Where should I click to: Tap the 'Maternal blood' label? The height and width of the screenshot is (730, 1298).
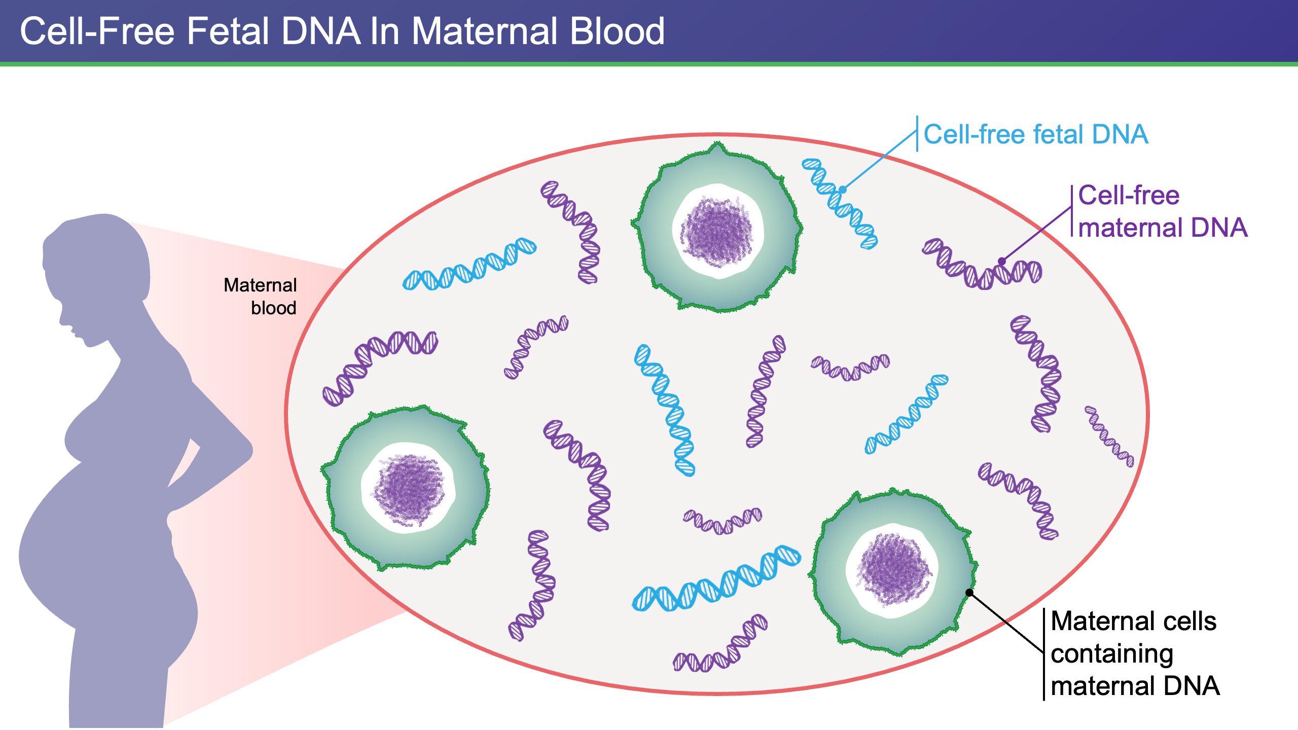[261, 296]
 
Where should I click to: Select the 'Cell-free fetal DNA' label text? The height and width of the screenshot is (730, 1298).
[1035, 134]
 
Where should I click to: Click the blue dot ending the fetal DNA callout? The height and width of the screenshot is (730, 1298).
[842, 190]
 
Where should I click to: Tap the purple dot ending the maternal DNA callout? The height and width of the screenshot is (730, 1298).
[1002, 262]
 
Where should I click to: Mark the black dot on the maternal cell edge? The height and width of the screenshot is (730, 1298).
[969, 592]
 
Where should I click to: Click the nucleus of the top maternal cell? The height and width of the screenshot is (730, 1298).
[717, 231]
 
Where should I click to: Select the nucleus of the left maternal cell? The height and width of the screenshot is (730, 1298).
[408, 488]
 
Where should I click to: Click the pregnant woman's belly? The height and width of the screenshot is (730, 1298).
[76, 547]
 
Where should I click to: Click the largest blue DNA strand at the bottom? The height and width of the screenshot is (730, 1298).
[716, 579]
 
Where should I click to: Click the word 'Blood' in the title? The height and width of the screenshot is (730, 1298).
[617, 31]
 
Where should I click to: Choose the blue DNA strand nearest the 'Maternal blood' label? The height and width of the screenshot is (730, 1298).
[469, 265]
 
